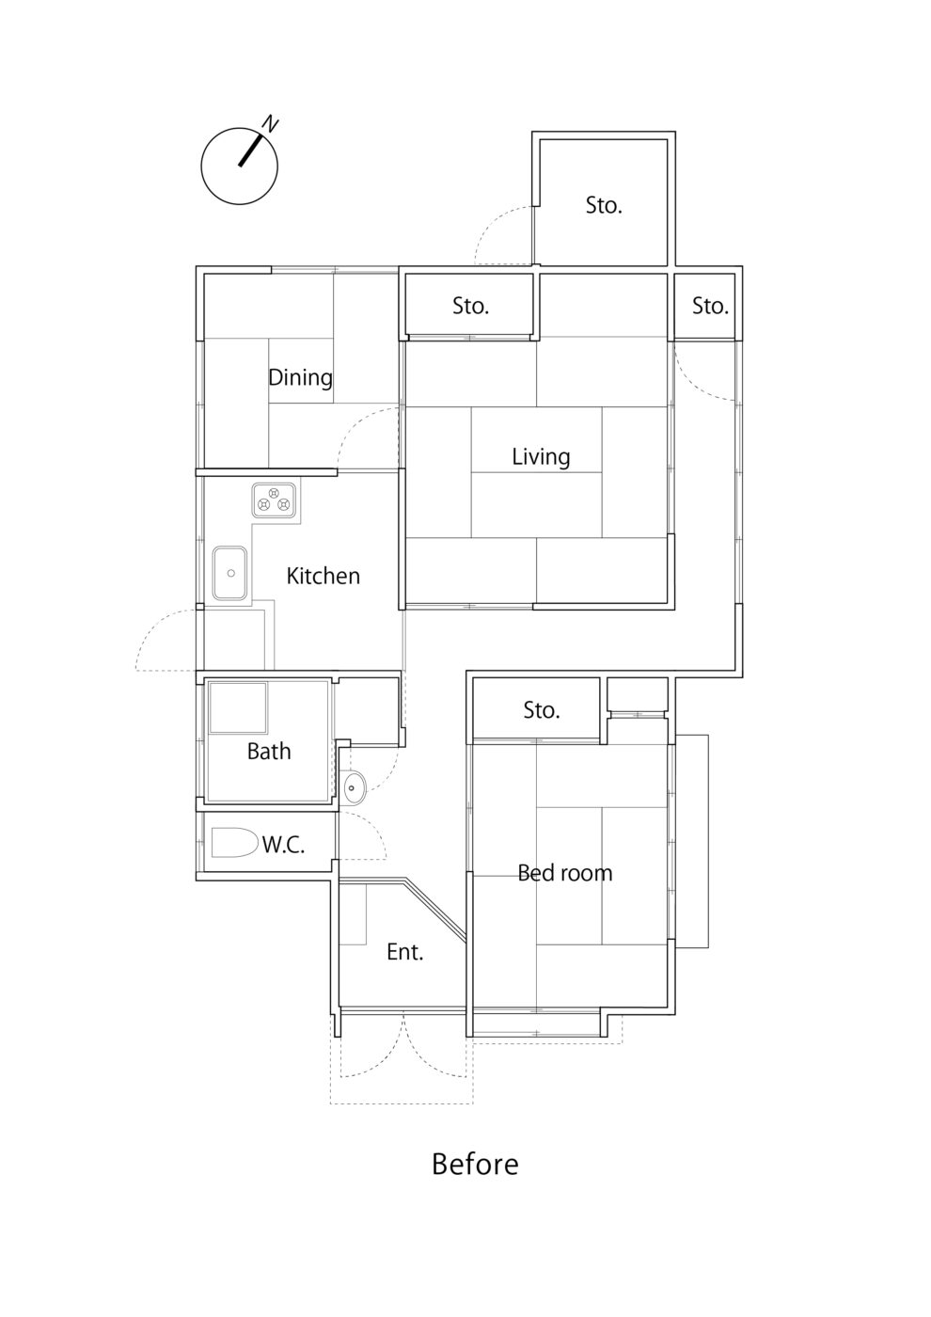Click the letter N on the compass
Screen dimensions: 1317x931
[271, 123]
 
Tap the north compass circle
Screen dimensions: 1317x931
[239, 167]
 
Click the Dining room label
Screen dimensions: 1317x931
[300, 377]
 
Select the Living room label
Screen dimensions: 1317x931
[541, 457]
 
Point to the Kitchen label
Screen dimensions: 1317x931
[323, 576]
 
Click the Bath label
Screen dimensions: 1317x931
[269, 751]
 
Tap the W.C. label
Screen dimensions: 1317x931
[283, 845]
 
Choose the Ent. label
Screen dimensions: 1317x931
[405, 952]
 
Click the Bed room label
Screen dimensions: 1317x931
[564, 873]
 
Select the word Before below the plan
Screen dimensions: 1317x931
[475, 1164]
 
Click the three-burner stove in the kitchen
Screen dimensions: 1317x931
[274, 500]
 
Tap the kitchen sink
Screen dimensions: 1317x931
[229, 573]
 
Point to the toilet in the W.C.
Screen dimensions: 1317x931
[234, 842]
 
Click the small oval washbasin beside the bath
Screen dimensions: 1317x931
[355, 787]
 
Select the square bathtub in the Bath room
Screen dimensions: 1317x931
[238, 707]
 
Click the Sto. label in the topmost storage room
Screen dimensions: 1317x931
[604, 205]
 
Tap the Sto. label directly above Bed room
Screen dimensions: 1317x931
[541, 710]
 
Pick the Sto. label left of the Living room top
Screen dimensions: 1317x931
[470, 306]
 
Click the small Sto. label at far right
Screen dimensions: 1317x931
[710, 306]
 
